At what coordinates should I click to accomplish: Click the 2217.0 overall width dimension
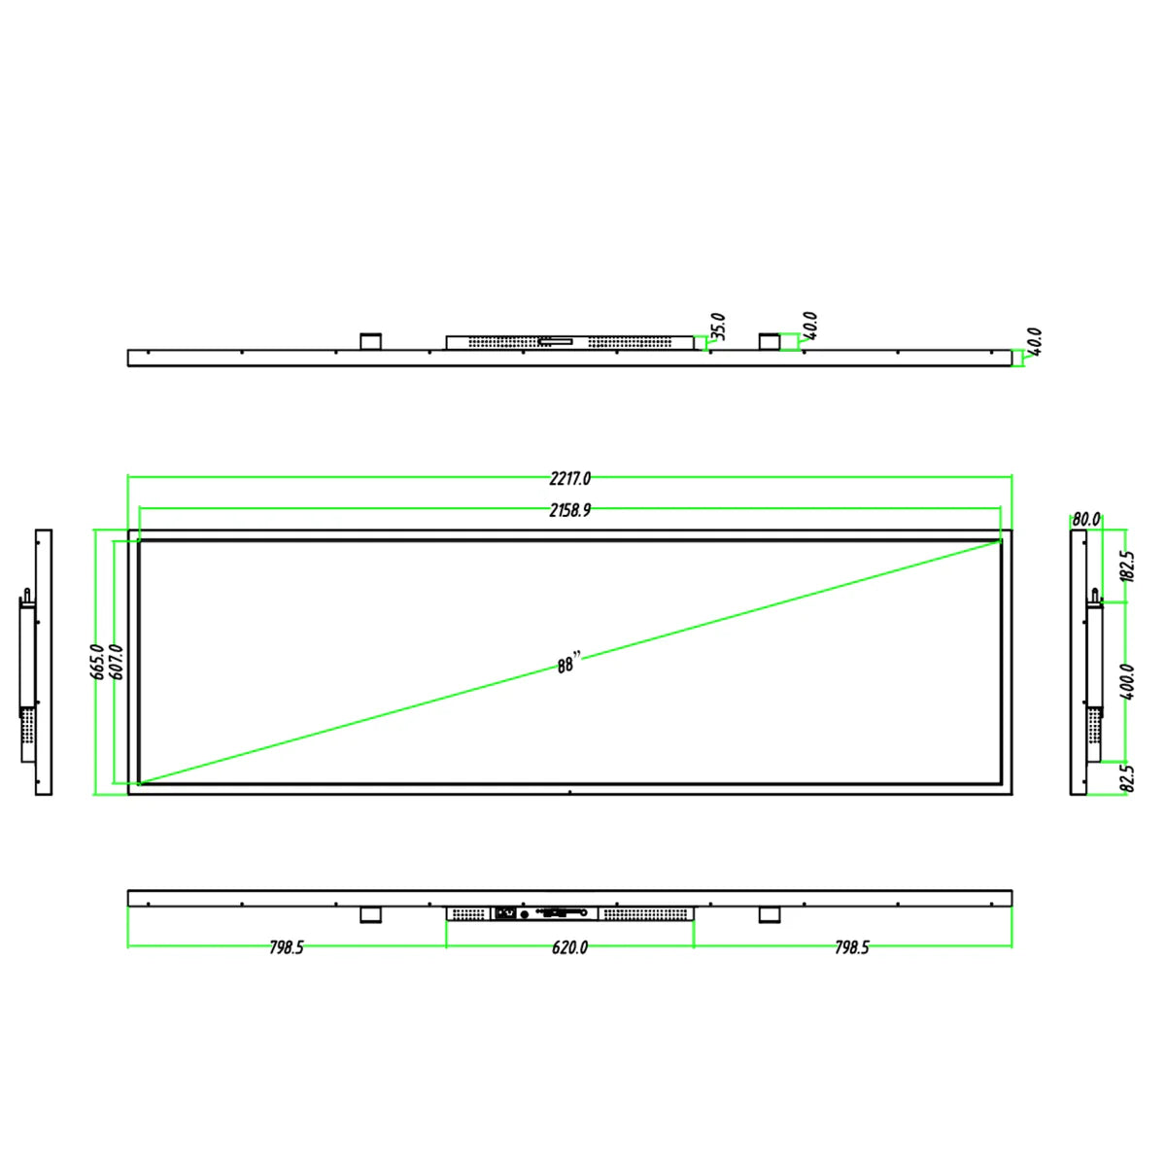[x=569, y=478]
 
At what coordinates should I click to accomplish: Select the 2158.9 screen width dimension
[x=569, y=510]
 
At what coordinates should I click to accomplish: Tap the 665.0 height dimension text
[x=98, y=661]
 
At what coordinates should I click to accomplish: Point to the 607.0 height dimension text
[x=118, y=661]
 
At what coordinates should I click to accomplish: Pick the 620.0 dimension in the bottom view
[x=569, y=947]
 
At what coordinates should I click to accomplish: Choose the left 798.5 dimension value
[x=287, y=947]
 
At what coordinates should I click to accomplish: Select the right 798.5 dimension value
[x=852, y=947]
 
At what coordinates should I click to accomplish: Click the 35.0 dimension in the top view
[x=718, y=326]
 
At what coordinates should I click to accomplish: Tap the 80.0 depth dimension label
[x=1086, y=520]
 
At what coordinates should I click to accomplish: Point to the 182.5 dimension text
[x=1127, y=566]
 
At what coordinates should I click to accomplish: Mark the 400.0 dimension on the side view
[x=1127, y=682]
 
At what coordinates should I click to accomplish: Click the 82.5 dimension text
[x=1127, y=778]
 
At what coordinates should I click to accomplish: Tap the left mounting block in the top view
[x=370, y=341]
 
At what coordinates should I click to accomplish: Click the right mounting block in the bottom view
[x=770, y=914]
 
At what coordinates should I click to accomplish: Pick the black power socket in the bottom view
[x=505, y=912]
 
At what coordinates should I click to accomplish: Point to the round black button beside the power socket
[x=526, y=912]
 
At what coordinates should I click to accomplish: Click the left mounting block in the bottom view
[x=370, y=914]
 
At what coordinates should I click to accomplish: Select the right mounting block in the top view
[x=770, y=341]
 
